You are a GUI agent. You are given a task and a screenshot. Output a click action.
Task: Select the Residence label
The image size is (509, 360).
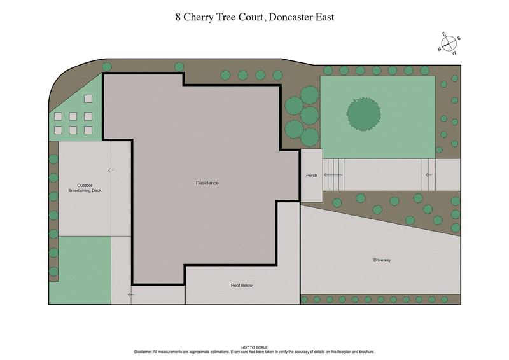point(207,183)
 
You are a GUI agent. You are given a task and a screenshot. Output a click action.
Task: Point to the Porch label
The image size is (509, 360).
point(312,176)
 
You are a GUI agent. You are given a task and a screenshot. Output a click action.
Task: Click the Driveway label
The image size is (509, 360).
point(382,260)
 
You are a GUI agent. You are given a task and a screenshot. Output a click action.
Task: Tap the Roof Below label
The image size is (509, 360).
point(242,286)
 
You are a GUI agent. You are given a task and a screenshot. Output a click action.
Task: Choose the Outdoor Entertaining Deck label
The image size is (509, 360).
point(85,188)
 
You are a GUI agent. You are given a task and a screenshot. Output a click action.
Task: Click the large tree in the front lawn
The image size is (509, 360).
point(363,114)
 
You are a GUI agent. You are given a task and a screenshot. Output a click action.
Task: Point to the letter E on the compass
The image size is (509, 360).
point(445,34)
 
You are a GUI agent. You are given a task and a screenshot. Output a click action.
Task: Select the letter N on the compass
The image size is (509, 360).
point(439,49)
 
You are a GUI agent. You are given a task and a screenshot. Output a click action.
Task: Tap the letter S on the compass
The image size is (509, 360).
point(459,39)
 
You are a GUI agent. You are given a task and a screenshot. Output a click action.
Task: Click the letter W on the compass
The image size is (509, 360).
point(454,53)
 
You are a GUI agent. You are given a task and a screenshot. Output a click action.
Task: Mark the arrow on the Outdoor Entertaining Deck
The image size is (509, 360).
point(111,170)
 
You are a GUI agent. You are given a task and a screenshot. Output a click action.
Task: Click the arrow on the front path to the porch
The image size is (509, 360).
point(428,174)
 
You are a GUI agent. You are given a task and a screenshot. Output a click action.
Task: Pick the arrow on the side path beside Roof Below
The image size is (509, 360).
point(130,294)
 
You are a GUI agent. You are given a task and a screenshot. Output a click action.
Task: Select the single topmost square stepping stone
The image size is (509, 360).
point(88,99)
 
